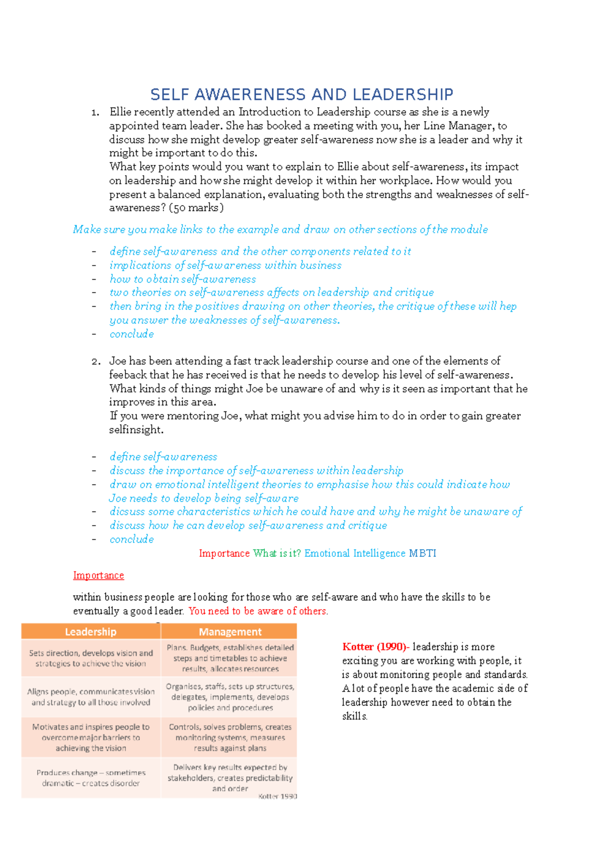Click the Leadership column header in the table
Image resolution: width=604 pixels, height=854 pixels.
[x=91, y=632]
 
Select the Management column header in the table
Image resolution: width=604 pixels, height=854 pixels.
[x=230, y=632]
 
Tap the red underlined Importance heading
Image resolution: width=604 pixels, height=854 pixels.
[x=98, y=575]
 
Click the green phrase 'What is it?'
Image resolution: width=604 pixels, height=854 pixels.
[x=277, y=553]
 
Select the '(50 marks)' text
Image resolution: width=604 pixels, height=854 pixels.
[x=196, y=208]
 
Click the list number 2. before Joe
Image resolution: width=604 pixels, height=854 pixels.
[x=96, y=361]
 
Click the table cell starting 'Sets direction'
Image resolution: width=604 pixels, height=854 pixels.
[x=91, y=658]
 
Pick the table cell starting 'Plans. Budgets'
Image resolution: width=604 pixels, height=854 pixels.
[x=230, y=658]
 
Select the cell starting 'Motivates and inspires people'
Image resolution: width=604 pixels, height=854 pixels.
[x=91, y=737]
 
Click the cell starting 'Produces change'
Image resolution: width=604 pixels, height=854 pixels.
[x=91, y=778]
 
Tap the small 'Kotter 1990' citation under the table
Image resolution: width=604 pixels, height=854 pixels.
[x=277, y=796]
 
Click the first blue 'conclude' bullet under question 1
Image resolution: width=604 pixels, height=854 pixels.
[x=132, y=334]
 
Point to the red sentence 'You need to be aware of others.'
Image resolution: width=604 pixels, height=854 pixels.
[x=258, y=611]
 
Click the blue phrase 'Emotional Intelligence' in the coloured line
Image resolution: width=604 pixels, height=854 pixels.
[x=354, y=553]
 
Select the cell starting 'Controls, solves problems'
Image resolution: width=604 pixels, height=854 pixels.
[x=230, y=737]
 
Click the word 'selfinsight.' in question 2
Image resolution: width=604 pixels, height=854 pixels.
[x=136, y=430]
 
